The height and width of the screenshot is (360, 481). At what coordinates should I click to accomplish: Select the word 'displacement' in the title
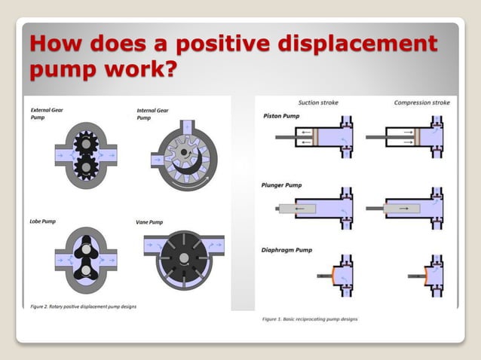point(369,44)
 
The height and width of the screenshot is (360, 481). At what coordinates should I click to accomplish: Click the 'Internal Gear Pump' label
point(152,114)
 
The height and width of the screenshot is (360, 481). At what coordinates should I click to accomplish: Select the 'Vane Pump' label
point(149,222)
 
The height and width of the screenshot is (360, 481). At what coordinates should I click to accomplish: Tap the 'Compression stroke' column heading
point(422,102)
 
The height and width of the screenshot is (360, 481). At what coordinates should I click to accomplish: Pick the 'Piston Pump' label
point(280,116)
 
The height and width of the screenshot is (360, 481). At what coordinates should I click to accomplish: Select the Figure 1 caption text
point(310,319)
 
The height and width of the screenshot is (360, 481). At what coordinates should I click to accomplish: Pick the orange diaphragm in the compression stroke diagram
point(427,276)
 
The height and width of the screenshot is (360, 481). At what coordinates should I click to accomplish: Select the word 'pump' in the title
point(64,70)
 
